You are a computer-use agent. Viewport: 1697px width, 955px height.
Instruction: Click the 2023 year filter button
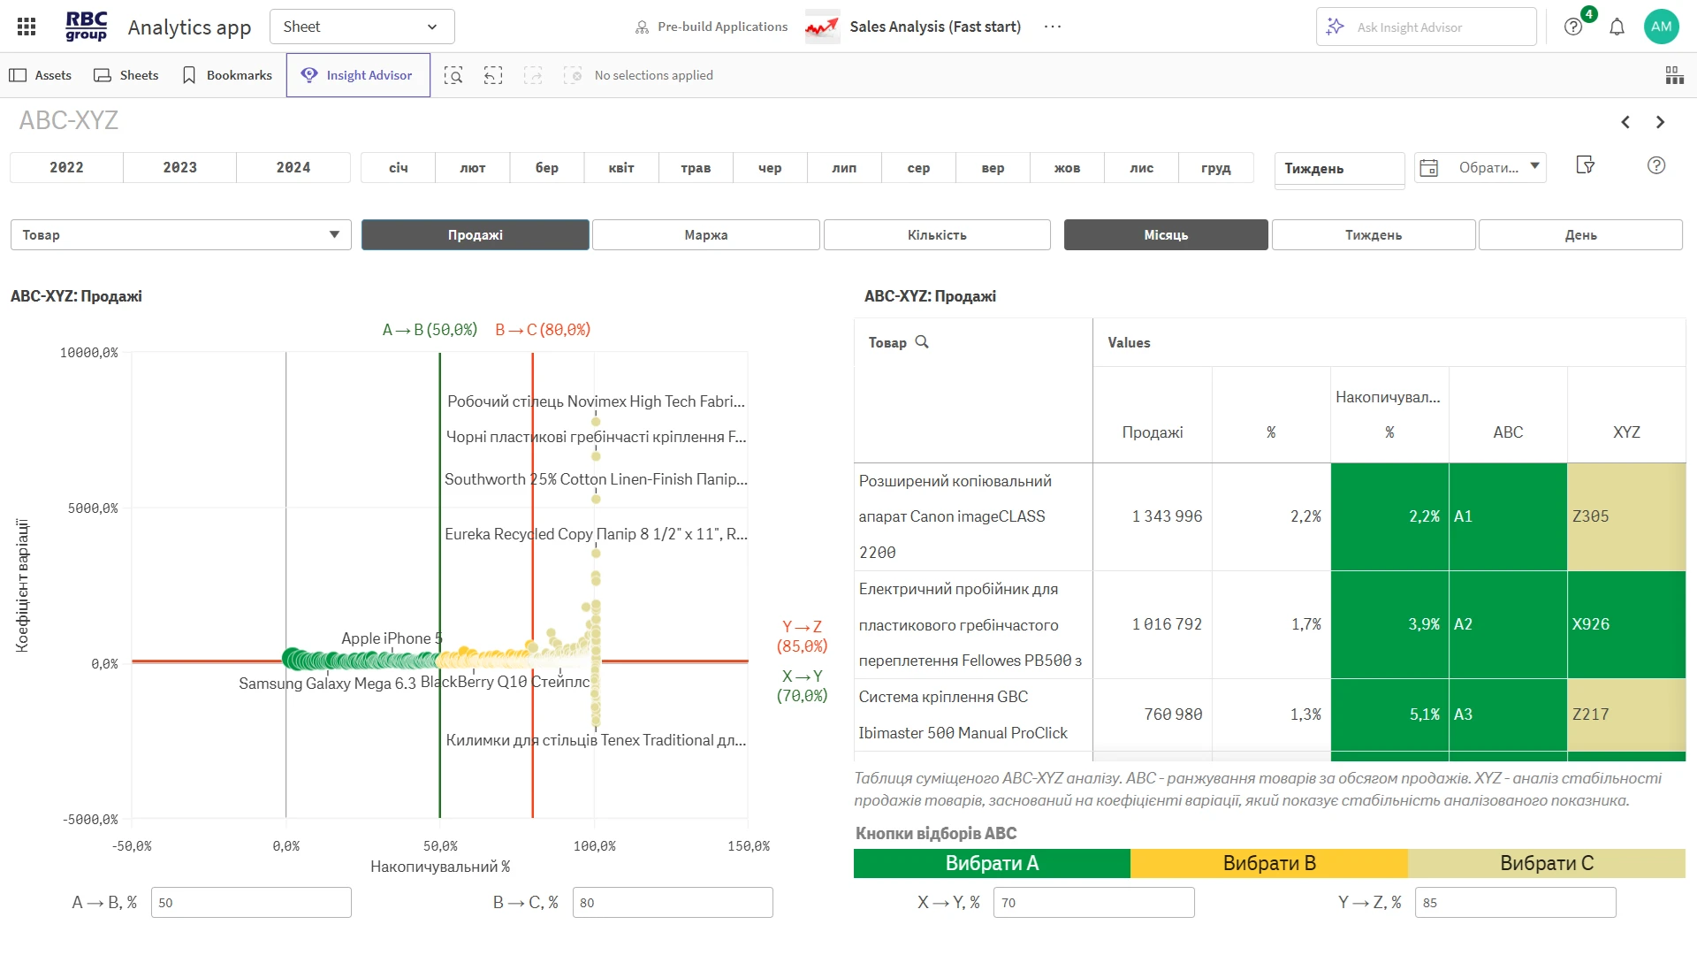click(x=179, y=167)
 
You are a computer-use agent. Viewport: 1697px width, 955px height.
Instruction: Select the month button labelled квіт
click(x=621, y=167)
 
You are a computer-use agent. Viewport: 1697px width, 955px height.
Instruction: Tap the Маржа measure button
click(x=706, y=235)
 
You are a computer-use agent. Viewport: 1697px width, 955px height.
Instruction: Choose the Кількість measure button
click(x=937, y=235)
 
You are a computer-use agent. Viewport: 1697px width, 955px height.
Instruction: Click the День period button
click(x=1580, y=235)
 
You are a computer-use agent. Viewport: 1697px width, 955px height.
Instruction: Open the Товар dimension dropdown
click(x=181, y=235)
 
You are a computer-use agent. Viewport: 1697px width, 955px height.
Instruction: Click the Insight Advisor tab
click(x=358, y=75)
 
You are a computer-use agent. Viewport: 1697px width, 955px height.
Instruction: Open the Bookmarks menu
click(x=227, y=75)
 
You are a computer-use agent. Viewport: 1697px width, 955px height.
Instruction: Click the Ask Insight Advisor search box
click(x=1426, y=27)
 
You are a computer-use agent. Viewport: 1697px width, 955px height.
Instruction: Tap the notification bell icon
click(x=1617, y=27)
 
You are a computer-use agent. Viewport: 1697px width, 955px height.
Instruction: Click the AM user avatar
click(x=1661, y=27)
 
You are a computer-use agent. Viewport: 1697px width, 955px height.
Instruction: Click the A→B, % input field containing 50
click(x=251, y=902)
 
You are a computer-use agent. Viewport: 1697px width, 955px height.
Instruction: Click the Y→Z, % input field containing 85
click(x=1515, y=902)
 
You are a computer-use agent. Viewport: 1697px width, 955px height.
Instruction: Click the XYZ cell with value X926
click(x=1626, y=624)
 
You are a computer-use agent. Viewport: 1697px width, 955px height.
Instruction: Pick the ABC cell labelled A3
click(x=1508, y=714)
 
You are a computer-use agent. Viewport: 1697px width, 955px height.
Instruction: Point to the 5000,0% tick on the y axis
click(x=93, y=508)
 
